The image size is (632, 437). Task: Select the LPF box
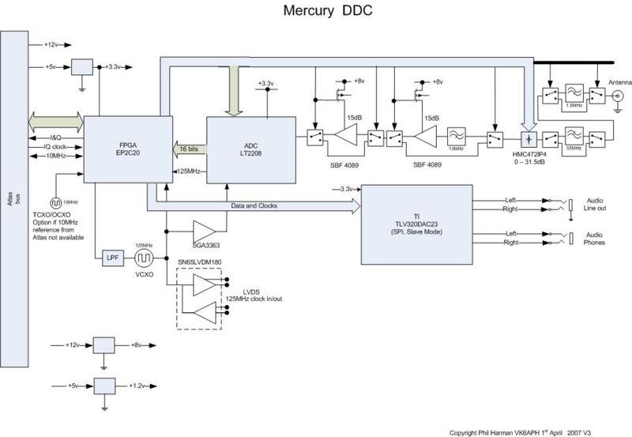(x=112, y=258)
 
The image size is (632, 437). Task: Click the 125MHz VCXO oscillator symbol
(x=143, y=258)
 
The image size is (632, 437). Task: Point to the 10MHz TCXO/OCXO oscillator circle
(x=57, y=202)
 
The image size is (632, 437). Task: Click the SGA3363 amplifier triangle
(x=204, y=232)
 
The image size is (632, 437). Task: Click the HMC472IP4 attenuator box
(x=525, y=137)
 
